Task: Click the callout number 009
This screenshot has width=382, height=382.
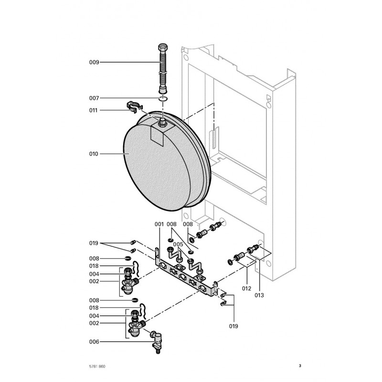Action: [x=94, y=62]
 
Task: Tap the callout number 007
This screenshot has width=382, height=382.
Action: [x=94, y=98]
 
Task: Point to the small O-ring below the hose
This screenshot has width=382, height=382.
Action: [x=163, y=99]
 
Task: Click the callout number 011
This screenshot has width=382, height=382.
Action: [x=94, y=110]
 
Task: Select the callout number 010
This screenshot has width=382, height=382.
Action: [x=94, y=154]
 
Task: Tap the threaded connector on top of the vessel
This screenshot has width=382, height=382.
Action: [x=163, y=123]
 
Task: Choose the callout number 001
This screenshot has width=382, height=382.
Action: [x=159, y=224]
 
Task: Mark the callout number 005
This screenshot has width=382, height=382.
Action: [x=178, y=244]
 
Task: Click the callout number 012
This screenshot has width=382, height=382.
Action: [x=246, y=288]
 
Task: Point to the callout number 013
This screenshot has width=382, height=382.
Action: [x=259, y=295]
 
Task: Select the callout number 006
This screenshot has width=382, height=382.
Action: [x=94, y=341]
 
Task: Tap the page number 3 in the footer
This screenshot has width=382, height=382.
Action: [x=300, y=366]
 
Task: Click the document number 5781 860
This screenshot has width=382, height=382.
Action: [x=97, y=366]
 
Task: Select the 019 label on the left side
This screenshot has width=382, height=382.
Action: [x=94, y=243]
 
